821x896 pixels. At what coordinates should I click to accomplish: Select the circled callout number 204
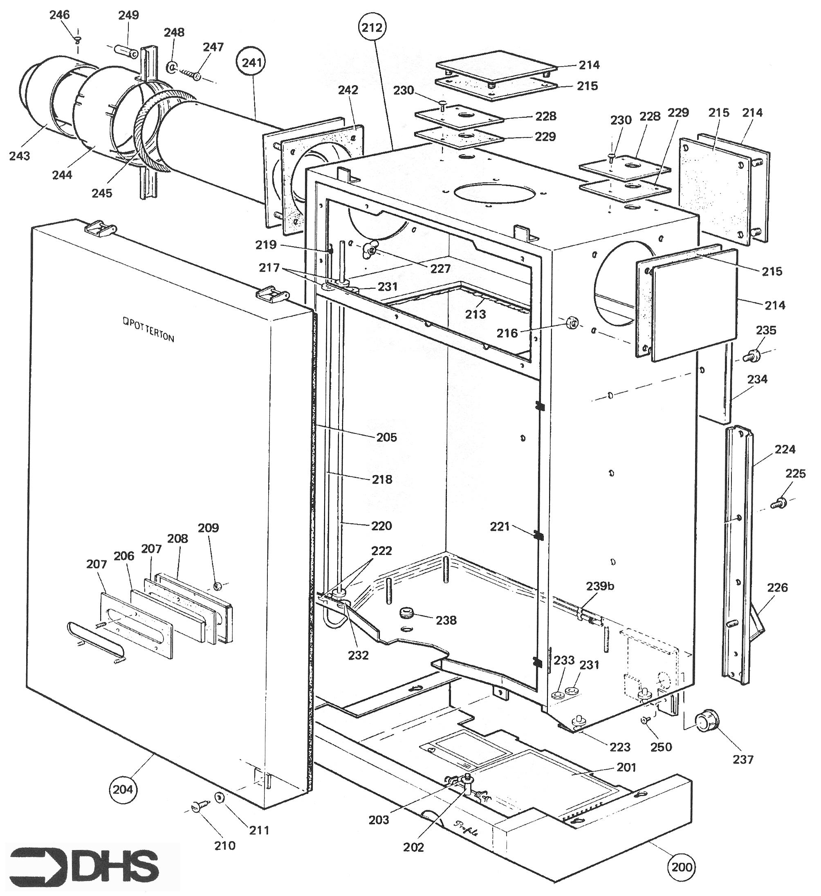pyautogui.click(x=123, y=789)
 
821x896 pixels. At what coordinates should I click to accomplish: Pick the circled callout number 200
pyautogui.click(x=682, y=867)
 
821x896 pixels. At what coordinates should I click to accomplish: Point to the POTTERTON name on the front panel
pyautogui.click(x=148, y=329)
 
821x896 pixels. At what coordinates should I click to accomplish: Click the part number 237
pyautogui.click(x=743, y=759)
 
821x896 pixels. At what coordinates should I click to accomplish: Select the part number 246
pyautogui.click(x=60, y=15)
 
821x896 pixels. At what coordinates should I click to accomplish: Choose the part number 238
pyautogui.click(x=446, y=620)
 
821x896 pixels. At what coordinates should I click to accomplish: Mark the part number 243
pyautogui.click(x=20, y=155)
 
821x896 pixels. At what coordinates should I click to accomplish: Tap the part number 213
pyautogui.click(x=476, y=314)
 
